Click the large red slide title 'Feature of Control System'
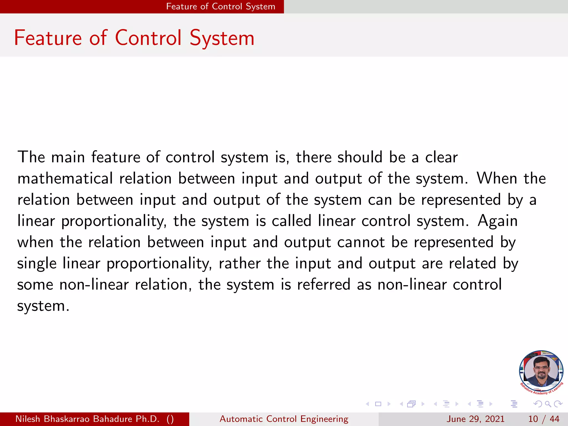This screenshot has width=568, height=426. click(x=134, y=38)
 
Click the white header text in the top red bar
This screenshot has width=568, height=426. click(x=220, y=6)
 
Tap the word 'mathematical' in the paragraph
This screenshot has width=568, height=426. click(x=65, y=178)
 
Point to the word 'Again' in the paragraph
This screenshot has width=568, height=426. click(x=498, y=221)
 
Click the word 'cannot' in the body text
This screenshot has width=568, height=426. click(x=361, y=242)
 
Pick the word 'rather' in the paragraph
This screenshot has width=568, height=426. click(x=240, y=263)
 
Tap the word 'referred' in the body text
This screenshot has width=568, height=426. click(x=324, y=285)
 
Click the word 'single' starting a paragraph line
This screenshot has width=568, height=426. click(x=37, y=263)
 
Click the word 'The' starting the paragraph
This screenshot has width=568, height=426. click(x=31, y=157)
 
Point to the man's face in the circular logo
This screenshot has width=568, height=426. click(x=541, y=371)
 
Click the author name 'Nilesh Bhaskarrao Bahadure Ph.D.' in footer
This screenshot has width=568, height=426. click(x=87, y=419)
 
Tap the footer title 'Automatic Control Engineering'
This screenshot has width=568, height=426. click(x=284, y=419)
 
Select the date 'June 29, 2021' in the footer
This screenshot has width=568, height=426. click(x=475, y=419)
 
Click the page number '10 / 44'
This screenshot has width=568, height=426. click(x=544, y=419)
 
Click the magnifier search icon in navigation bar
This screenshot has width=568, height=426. click(x=548, y=404)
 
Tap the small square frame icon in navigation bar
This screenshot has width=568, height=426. click(x=378, y=404)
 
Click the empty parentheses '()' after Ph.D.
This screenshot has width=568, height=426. click(x=170, y=419)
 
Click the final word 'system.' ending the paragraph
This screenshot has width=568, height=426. click(x=43, y=306)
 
